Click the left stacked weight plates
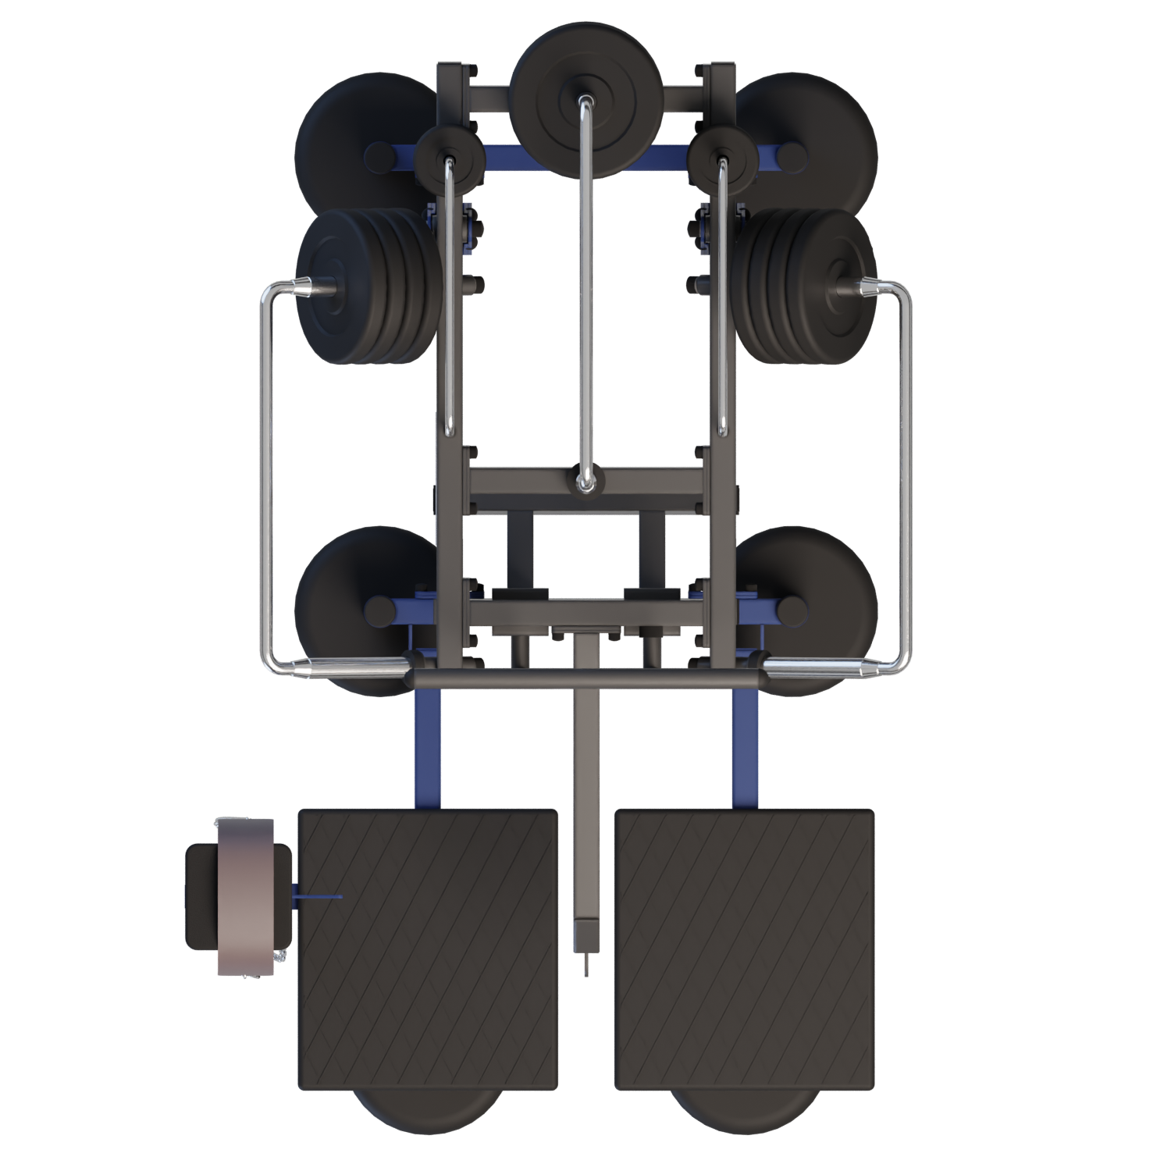point(367,289)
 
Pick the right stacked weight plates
point(804,289)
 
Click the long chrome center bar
point(585,297)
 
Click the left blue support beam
point(427,749)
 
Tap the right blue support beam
point(746,749)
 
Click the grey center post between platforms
point(586,781)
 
